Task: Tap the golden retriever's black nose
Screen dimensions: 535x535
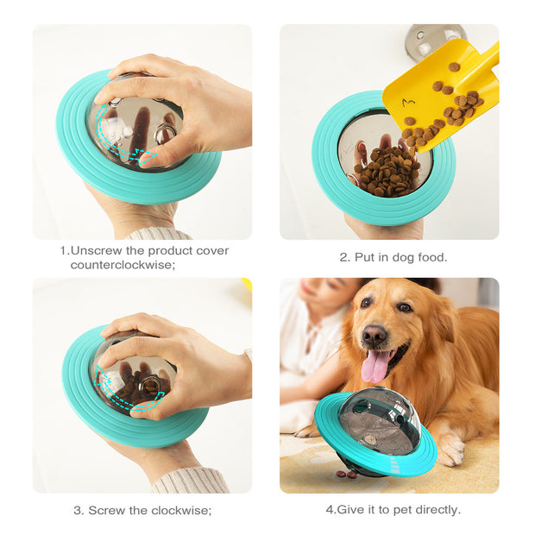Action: pos(374,334)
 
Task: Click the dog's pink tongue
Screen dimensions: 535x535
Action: pos(374,367)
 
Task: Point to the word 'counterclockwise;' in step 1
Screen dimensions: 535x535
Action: pos(123,265)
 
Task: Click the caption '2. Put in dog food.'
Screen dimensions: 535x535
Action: pos(393,257)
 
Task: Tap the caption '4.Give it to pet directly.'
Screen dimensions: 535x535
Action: pos(393,509)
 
